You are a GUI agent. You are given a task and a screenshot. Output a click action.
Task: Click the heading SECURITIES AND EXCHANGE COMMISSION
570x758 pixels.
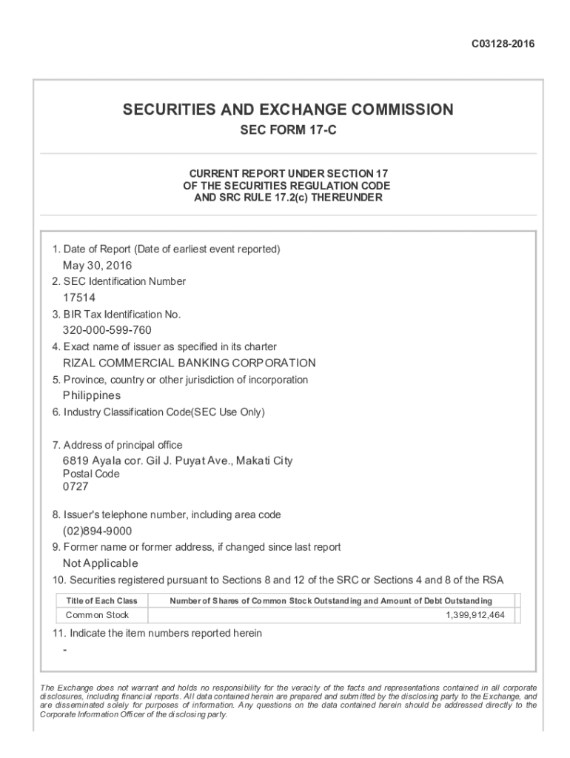(x=288, y=110)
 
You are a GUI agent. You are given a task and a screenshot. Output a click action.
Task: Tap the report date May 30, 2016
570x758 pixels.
(x=98, y=266)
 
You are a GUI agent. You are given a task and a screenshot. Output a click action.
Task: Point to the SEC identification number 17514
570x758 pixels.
(x=79, y=298)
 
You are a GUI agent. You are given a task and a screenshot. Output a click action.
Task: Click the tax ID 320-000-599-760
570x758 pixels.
(x=107, y=330)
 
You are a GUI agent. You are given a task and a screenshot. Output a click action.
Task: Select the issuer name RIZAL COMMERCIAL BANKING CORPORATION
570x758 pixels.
(x=190, y=363)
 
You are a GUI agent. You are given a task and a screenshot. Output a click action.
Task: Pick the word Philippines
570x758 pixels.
(x=92, y=395)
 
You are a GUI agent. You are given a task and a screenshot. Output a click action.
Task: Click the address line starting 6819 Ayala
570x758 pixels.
(x=178, y=461)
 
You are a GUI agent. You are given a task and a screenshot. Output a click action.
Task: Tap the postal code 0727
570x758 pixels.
(x=76, y=487)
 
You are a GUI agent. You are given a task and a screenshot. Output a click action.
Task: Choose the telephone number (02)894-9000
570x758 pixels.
(x=98, y=531)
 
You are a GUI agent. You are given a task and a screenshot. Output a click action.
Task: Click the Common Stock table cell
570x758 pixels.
(x=97, y=615)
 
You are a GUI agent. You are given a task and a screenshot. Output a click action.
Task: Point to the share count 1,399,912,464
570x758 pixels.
(x=475, y=615)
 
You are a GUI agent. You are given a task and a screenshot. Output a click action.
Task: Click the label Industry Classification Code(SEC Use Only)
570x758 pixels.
(x=164, y=412)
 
